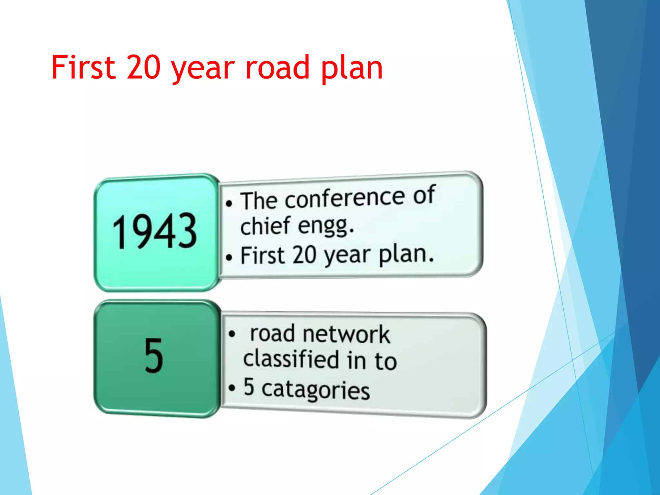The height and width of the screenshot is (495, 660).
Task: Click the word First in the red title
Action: (83, 67)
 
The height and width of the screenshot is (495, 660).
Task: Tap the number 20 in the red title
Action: (144, 67)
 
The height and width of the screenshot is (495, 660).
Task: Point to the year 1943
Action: (154, 232)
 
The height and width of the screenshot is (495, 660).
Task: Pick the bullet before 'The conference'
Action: (229, 203)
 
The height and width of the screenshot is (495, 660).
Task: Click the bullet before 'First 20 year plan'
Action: (229, 257)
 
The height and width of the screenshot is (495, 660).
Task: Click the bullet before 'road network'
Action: (232, 334)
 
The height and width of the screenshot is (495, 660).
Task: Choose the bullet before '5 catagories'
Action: (232, 388)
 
